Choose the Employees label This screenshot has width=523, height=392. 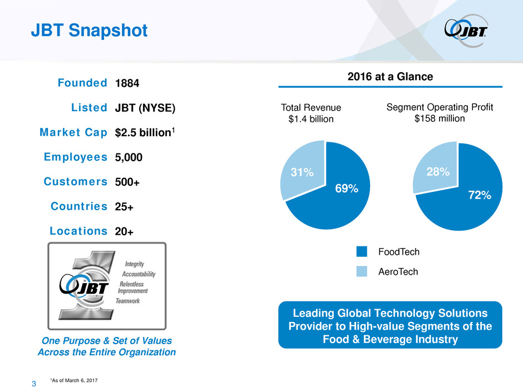click(x=76, y=157)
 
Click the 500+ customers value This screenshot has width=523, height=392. click(x=127, y=182)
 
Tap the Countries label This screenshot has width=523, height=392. click(x=78, y=206)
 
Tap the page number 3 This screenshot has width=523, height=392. click(x=34, y=383)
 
